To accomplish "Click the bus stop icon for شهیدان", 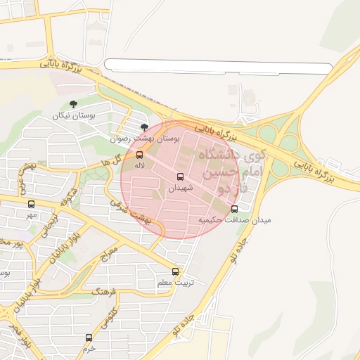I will point(179,176).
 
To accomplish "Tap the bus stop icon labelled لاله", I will point(139,154).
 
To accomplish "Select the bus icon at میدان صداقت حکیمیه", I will point(234,209).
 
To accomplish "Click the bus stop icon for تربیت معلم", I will point(175,272).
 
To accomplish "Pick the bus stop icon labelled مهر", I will point(31,204).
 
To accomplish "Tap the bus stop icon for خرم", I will point(89,337).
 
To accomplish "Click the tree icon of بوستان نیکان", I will point(74,104).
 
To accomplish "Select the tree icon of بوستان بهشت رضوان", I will point(144,127).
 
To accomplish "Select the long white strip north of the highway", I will point(218,67).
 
